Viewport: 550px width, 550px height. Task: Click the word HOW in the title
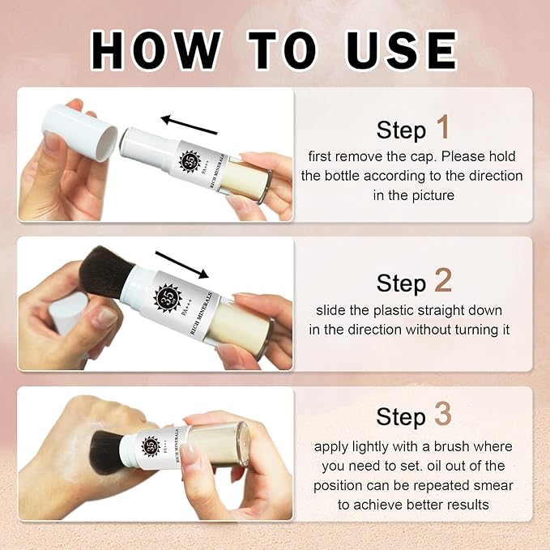click(156, 50)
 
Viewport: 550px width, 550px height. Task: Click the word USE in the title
click(402, 50)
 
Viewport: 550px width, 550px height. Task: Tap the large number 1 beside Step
click(442, 127)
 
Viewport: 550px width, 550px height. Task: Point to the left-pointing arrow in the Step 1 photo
click(189, 125)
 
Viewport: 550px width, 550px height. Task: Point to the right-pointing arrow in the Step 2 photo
click(182, 265)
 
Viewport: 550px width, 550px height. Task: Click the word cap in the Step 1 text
click(424, 157)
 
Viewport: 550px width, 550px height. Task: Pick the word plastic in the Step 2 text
click(396, 311)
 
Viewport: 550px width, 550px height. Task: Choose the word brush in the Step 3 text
click(451, 446)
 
